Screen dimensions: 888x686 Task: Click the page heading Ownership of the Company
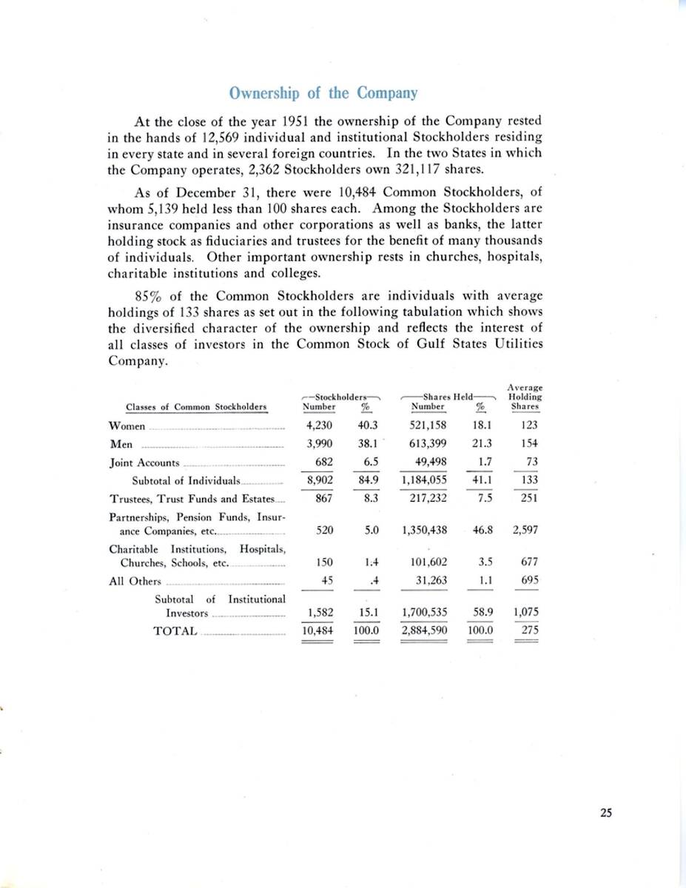click(323, 94)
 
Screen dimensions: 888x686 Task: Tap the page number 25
click(606, 813)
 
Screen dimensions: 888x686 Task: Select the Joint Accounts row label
click(144, 462)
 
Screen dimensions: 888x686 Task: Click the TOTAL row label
click(175, 630)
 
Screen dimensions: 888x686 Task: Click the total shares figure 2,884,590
click(424, 630)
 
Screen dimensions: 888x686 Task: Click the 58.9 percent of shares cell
click(482, 613)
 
